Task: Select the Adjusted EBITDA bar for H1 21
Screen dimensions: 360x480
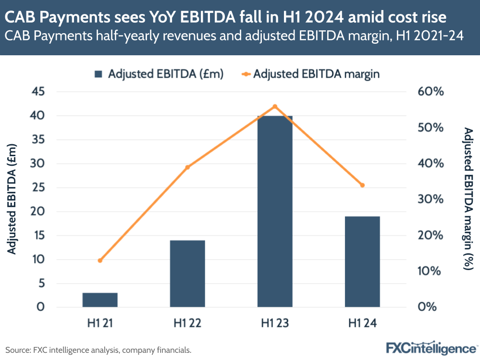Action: [x=100, y=300]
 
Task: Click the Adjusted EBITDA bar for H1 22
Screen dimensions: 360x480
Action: [x=187, y=273]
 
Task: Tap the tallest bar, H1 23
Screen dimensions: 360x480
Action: [x=275, y=211]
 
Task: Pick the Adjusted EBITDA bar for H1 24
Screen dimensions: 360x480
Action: [x=362, y=261]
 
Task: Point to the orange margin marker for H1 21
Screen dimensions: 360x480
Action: [x=100, y=261]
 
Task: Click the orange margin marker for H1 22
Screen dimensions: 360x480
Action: [x=187, y=167]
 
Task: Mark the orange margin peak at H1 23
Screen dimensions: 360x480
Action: [x=275, y=106]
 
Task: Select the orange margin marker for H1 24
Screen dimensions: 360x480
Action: [x=362, y=185]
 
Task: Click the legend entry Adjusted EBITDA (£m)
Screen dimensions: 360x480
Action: [x=159, y=74]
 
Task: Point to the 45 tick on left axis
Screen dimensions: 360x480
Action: [x=38, y=92]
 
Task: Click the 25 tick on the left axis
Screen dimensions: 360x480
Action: [x=38, y=187]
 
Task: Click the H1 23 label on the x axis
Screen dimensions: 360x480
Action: [x=275, y=324]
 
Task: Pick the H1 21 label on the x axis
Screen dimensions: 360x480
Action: [x=100, y=324]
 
